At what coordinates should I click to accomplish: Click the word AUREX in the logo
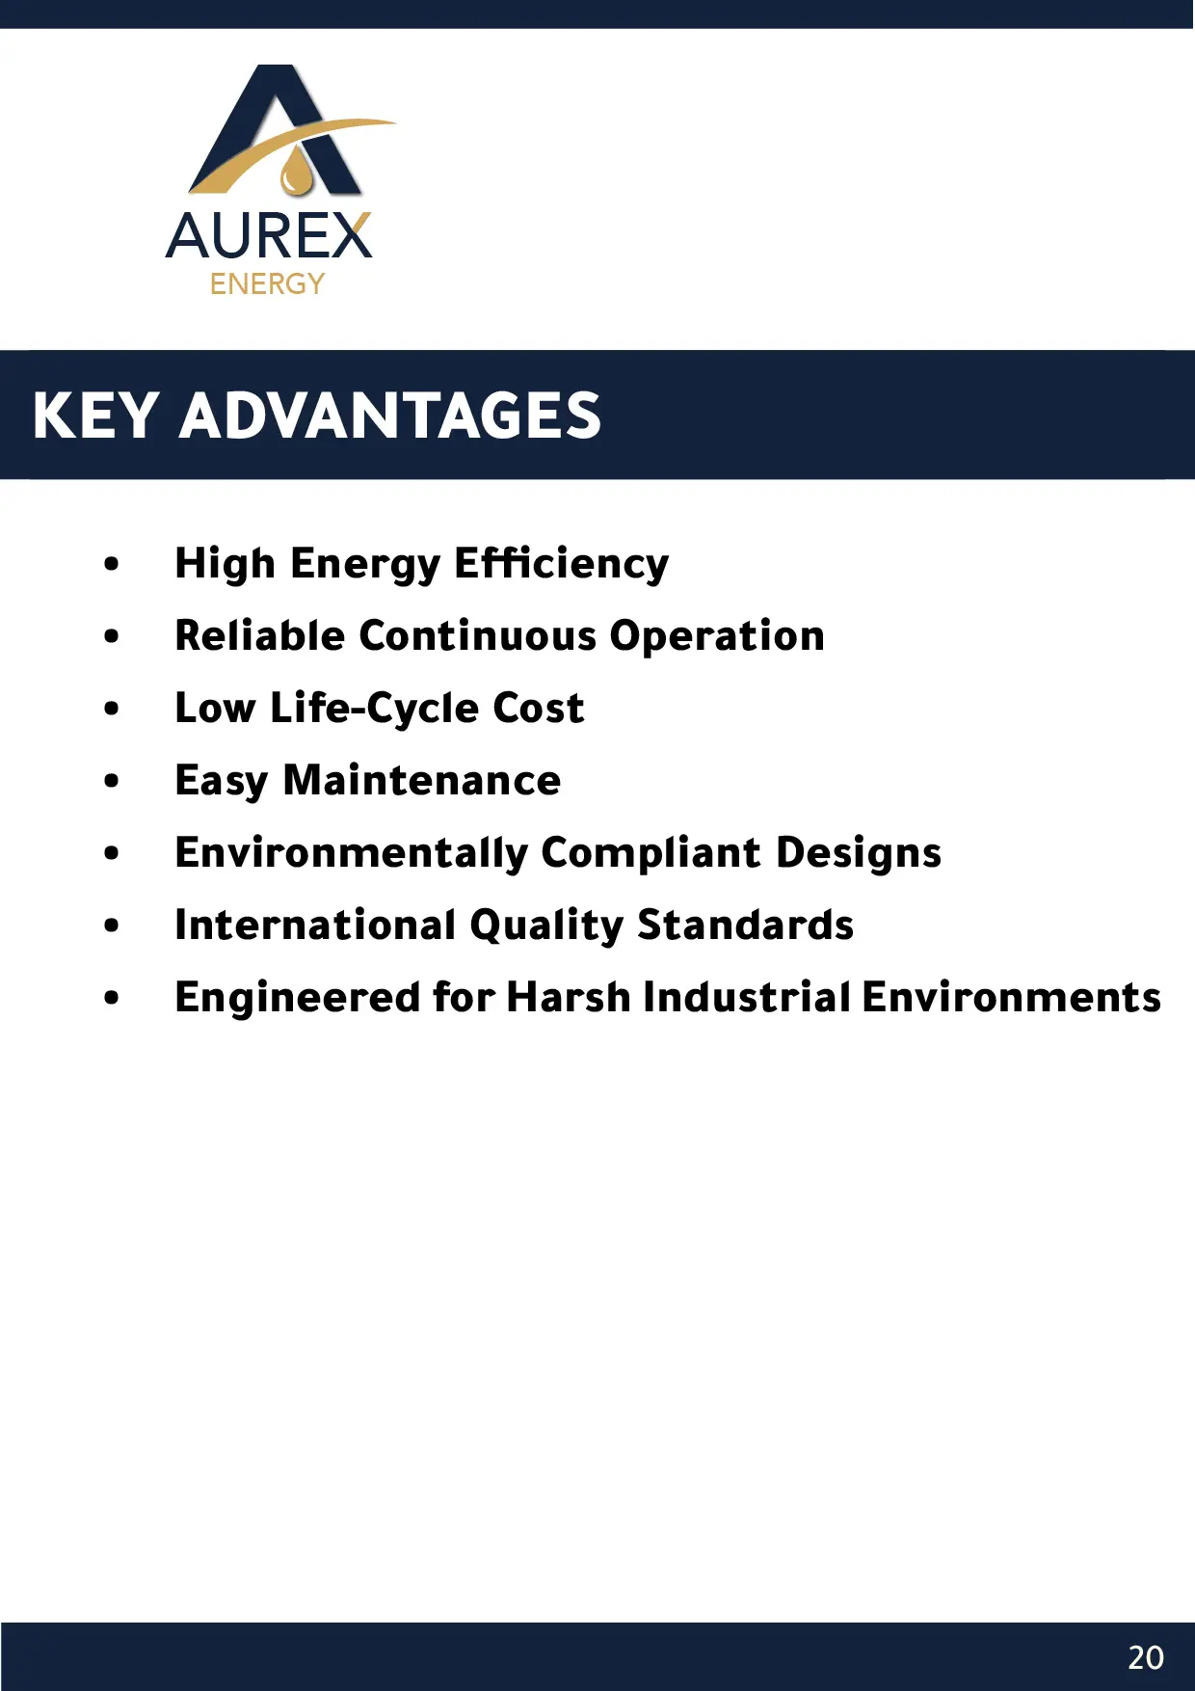(269, 236)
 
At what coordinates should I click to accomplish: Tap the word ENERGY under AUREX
(267, 284)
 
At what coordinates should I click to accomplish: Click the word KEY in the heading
(94, 416)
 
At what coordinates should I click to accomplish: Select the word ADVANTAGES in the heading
(390, 416)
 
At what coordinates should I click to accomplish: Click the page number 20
(1146, 1657)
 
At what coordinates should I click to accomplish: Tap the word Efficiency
(561, 564)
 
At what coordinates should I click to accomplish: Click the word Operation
(717, 637)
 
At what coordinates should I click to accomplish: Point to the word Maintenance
(422, 781)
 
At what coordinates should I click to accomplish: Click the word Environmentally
(352, 854)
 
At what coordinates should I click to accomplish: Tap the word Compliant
(651, 854)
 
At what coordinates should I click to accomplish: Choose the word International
(315, 926)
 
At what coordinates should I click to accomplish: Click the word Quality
(547, 926)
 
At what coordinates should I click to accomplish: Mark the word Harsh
(569, 998)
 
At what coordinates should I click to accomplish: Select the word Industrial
(747, 998)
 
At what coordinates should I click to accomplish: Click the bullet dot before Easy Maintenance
(112, 781)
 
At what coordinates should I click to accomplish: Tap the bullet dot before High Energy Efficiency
(112, 564)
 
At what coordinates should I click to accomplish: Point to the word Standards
(746, 926)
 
